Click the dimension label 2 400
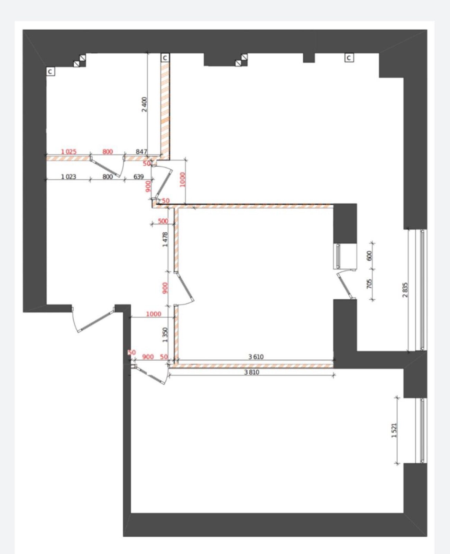click(145, 104)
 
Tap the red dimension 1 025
click(68, 152)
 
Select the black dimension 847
click(141, 151)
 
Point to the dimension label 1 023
click(68, 177)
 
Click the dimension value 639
click(138, 177)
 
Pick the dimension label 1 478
click(165, 240)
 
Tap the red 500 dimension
click(163, 221)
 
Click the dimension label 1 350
click(165, 335)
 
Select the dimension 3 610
click(256, 357)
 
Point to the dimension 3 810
click(251, 373)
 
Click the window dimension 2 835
click(405, 290)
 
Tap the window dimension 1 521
click(394, 430)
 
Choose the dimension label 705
click(369, 284)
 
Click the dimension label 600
click(369, 256)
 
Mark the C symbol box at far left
click(50, 72)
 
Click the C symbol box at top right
click(349, 58)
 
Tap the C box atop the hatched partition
click(165, 58)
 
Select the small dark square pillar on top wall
click(309, 58)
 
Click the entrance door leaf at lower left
click(97, 320)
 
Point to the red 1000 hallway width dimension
click(154, 314)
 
